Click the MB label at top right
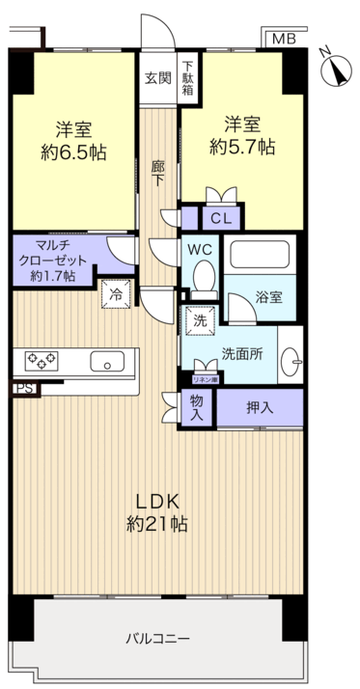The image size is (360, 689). (283, 39)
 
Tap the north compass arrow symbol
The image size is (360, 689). (338, 69)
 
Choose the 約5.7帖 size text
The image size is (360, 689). (242, 147)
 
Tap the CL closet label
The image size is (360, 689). (220, 219)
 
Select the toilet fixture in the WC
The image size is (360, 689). (204, 278)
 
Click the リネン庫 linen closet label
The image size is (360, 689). (204, 379)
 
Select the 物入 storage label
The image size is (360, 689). (197, 407)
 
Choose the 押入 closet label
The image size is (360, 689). (259, 407)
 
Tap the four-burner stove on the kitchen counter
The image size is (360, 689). (41, 361)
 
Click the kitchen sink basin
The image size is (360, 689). (107, 362)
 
